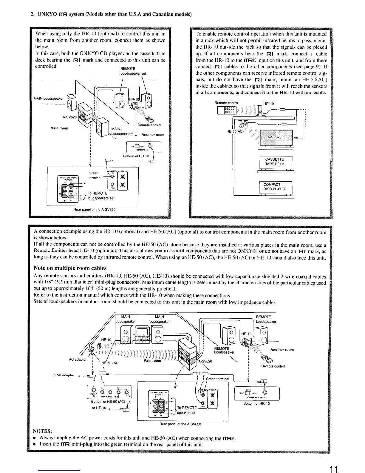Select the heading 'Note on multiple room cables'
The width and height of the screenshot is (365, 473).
click(70, 268)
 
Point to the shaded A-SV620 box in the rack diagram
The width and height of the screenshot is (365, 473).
click(276, 137)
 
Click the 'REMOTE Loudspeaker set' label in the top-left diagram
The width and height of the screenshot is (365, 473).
click(133, 71)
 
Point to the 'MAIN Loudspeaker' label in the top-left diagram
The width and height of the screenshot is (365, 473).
click(49, 99)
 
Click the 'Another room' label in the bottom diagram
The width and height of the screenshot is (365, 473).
click(282, 350)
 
